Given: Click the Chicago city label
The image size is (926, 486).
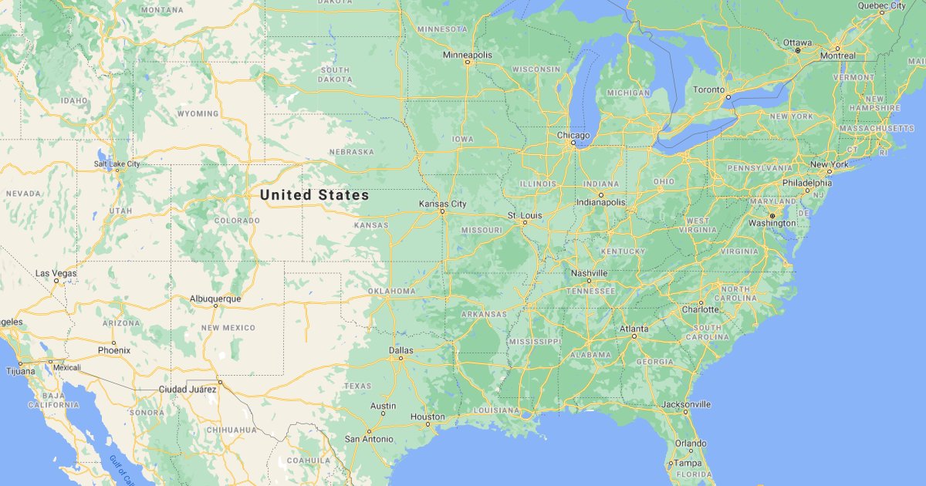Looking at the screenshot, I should click(573, 135).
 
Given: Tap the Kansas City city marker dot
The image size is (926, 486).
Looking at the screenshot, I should click(442, 211).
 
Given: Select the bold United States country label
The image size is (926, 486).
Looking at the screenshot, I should click(314, 195).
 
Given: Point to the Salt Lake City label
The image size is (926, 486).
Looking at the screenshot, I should click(117, 164).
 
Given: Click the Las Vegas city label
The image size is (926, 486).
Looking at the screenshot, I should click(56, 273).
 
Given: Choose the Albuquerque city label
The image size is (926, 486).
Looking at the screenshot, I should click(215, 299).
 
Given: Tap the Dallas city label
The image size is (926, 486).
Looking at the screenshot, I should click(401, 350).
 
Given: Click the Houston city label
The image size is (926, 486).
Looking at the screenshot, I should click(428, 417).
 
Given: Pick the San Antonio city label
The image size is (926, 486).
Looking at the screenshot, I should click(369, 439).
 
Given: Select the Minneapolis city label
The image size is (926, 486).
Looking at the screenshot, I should click(468, 55).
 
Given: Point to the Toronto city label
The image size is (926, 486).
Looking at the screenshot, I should click(709, 89).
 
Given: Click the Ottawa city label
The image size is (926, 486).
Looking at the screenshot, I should click(797, 42).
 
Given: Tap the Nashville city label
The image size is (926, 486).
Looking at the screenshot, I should click(590, 273).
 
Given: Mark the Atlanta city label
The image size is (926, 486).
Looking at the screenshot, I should click(634, 329).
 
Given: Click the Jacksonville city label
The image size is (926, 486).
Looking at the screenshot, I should click(686, 403).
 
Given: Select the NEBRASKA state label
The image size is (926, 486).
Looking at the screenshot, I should click(351, 152).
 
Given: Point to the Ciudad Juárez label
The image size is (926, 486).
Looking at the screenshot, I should click(187, 389).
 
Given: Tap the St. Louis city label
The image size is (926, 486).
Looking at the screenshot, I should click(525, 215).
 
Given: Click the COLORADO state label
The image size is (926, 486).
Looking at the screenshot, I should click(237, 221).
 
